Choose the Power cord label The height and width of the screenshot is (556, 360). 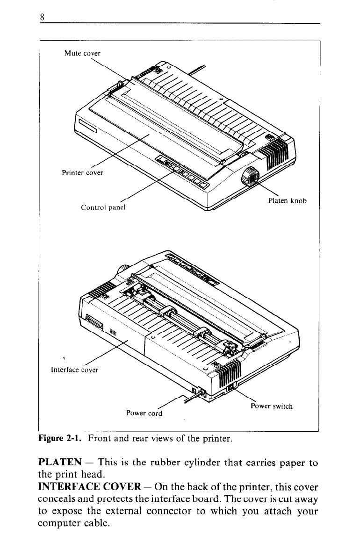click(x=144, y=413)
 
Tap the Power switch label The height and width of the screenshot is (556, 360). click(x=272, y=406)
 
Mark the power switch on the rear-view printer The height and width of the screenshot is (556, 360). click(x=230, y=387)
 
